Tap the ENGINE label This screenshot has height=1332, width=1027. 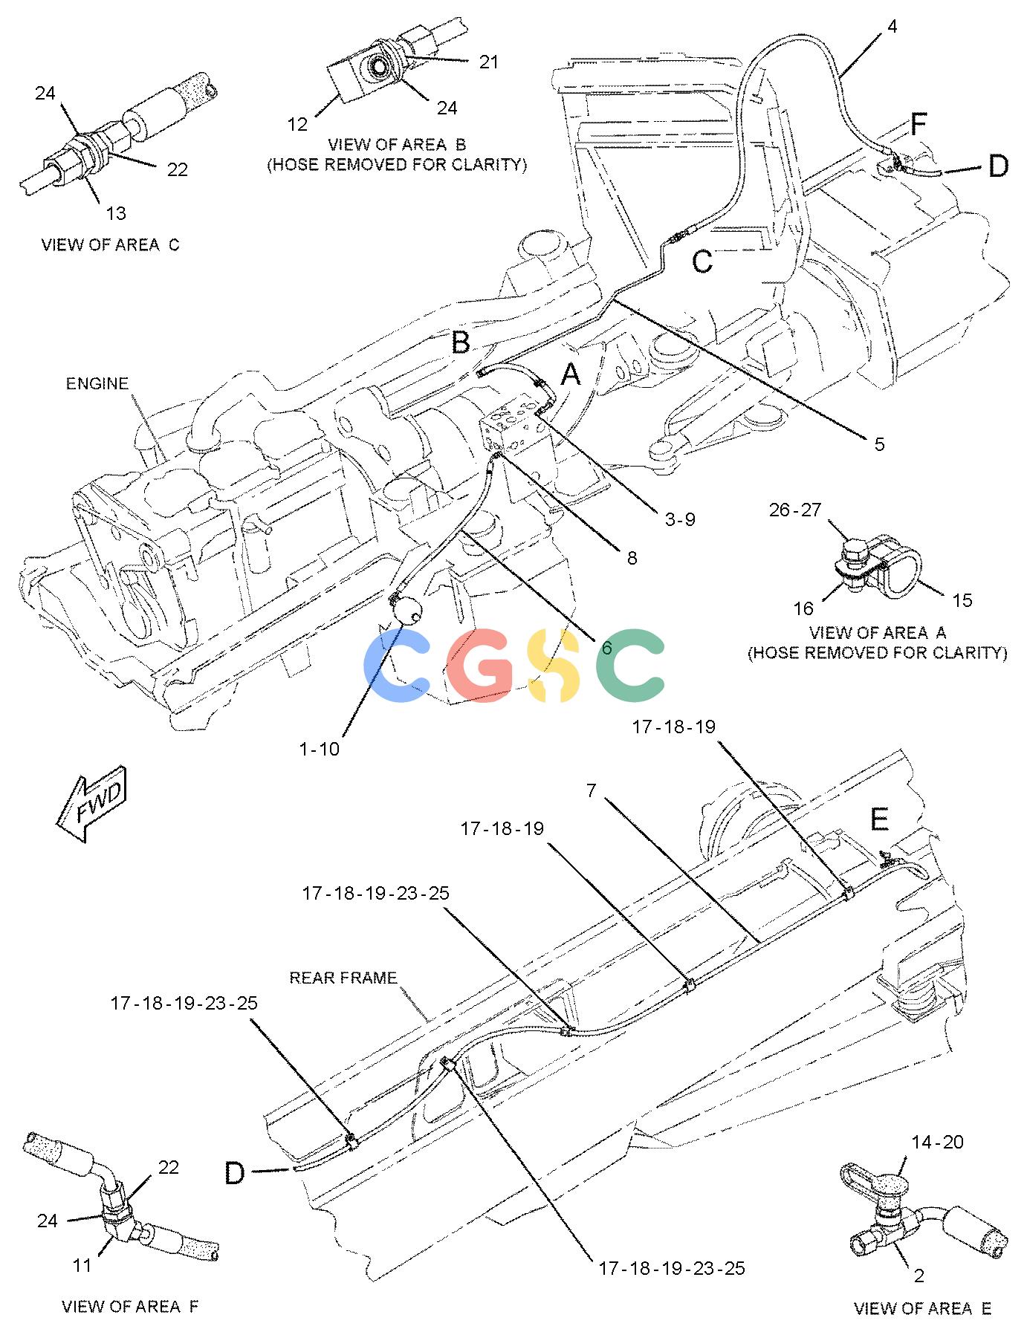coord(97,383)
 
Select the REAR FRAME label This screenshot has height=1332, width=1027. coord(343,978)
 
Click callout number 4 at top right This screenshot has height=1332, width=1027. coord(892,27)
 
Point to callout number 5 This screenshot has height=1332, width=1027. coord(879,444)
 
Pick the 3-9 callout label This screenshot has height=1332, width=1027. coord(679,519)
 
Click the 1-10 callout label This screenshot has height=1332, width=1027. coord(320,749)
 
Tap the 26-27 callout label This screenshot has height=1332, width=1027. coord(795,510)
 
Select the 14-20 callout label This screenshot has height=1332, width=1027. coord(938,1142)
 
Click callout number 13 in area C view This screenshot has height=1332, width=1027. coord(115,214)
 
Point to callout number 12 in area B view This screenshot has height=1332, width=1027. coord(297,124)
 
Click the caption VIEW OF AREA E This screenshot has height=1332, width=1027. coord(922,1309)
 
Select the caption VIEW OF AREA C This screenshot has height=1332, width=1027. coord(110,244)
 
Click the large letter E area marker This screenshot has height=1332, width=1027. coord(879,821)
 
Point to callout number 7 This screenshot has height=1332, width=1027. coord(591,790)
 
